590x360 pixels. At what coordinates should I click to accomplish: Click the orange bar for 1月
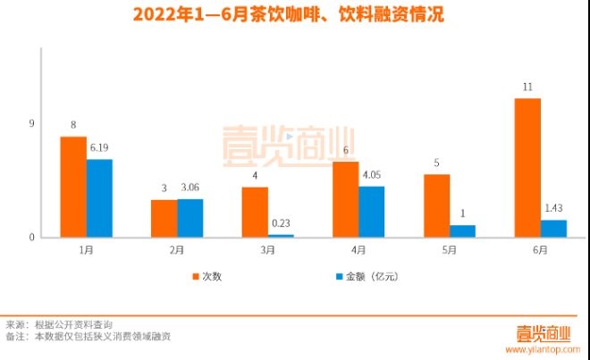(73, 187)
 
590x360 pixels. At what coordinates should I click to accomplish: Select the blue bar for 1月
(99, 198)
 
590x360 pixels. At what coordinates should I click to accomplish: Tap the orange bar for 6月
(527, 167)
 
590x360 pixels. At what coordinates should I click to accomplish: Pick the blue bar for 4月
(371, 212)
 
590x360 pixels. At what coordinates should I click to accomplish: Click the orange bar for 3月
(255, 212)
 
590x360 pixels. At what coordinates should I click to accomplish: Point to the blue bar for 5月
(462, 230)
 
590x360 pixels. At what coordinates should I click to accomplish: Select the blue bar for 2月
(190, 218)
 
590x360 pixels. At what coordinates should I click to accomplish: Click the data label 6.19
(99, 149)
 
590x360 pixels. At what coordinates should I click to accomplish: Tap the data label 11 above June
(527, 87)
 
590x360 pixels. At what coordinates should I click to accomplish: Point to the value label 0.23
(281, 224)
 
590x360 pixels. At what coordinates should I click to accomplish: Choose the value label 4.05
(372, 176)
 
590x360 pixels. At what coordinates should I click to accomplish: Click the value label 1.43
(553, 209)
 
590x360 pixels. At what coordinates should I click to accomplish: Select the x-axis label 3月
(268, 251)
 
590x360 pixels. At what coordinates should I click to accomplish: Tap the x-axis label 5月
(450, 251)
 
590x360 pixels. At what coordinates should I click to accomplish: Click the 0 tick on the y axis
(31, 237)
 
